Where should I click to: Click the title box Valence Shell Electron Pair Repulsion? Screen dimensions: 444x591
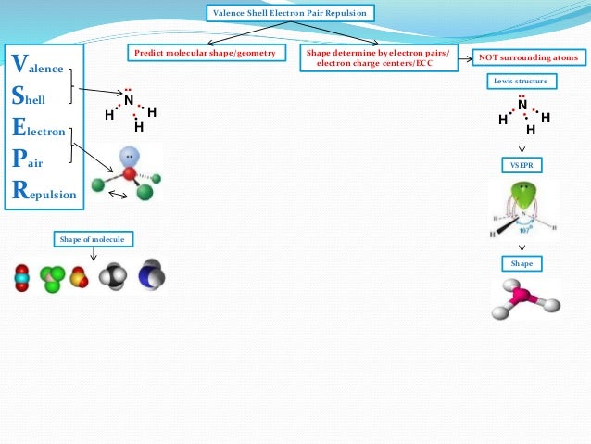pos(290,14)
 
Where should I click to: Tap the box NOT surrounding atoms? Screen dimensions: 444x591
pos(527,58)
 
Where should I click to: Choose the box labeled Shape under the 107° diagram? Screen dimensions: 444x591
pos(522,263)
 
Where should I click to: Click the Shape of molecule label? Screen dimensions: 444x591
pos(94,240)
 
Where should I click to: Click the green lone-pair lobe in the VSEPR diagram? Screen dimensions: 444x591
pos(525,197)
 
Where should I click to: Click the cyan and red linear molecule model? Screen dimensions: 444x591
pos(21,276)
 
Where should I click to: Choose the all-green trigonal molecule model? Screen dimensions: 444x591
pos(52,277)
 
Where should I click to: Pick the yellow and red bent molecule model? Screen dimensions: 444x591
pos(82,276)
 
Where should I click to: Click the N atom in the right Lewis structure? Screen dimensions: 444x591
pos(522,106)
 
